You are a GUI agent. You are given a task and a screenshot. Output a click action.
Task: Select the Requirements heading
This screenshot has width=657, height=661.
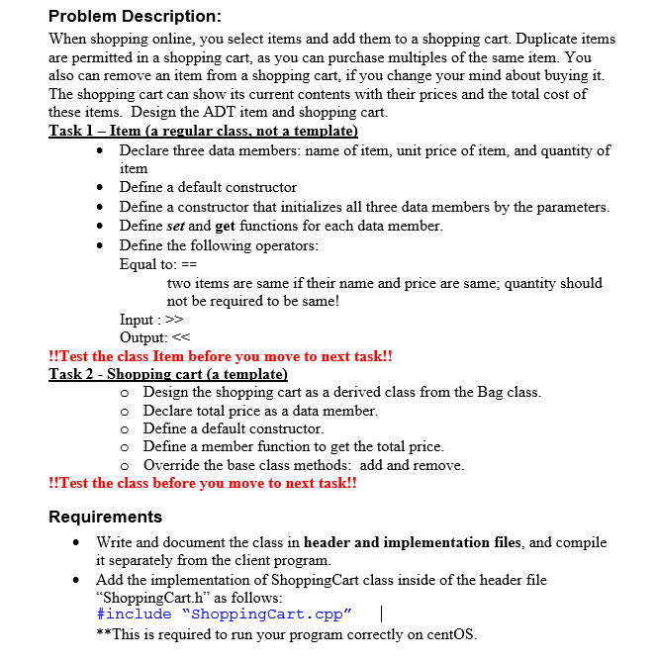coord(105,517)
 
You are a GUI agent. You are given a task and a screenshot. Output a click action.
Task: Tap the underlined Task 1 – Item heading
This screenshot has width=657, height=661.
coord(203,131)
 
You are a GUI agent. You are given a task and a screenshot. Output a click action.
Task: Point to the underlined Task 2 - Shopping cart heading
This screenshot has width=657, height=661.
coord(168,374)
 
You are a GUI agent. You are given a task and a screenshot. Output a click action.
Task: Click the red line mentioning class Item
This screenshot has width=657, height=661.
coord(221,355)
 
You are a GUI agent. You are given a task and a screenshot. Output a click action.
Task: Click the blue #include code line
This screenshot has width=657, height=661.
coord(224,614)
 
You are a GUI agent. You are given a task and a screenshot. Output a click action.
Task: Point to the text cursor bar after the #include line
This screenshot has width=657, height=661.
coord(381,614)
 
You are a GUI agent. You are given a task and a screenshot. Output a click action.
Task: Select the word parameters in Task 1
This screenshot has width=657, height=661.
coord(570,207)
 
